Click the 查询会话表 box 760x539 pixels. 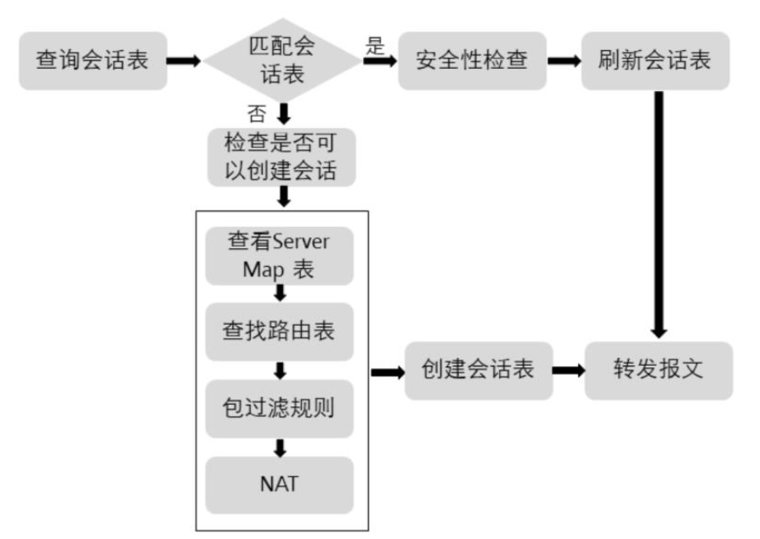(x=92, y=61)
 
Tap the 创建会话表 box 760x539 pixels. (x=478, y=371)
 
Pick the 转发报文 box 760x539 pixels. (x=658, y=371)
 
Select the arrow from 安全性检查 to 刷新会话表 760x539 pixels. (x=562, y=61)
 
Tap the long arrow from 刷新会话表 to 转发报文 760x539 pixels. (x=658, y=213)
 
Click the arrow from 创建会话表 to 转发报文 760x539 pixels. (x=569, y=371)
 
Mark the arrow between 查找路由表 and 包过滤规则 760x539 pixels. (x=281, y=372)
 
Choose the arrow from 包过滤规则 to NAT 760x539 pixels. (x=281, y=447)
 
